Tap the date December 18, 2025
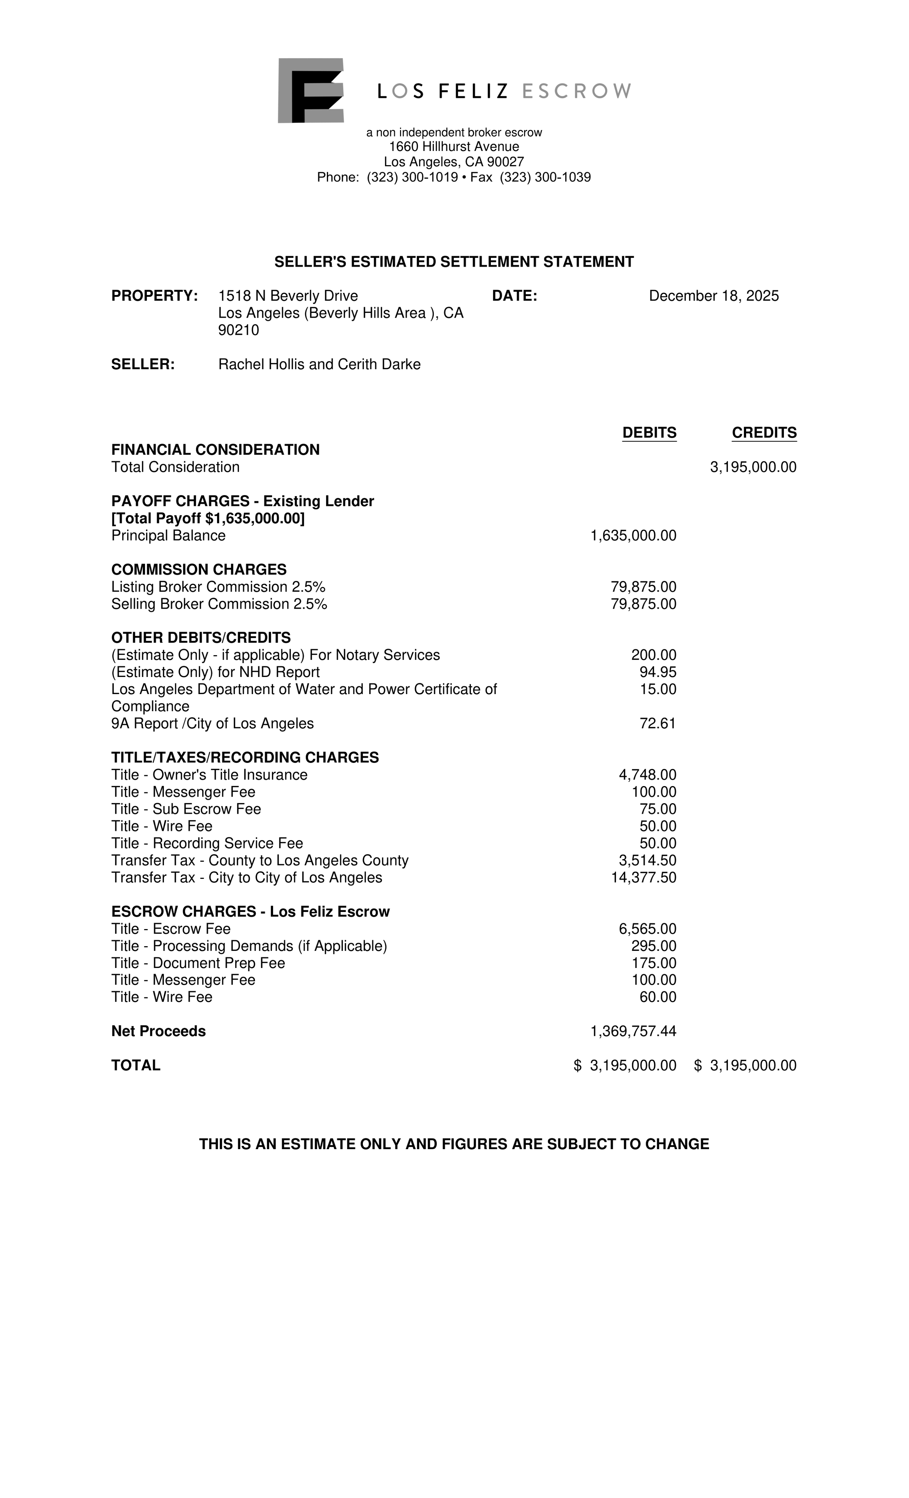coord(713,296)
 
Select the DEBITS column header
coord(649,433)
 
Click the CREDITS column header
coord(764,433)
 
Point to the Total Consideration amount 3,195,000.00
coord(753,467)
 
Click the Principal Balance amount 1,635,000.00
coord(633,535)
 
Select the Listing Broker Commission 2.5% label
coord(218,587)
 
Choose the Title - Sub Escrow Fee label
coord(186,809)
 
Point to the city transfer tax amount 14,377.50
coord(644,878)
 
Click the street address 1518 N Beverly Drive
coord(288,296)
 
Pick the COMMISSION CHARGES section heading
coord(199,570)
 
